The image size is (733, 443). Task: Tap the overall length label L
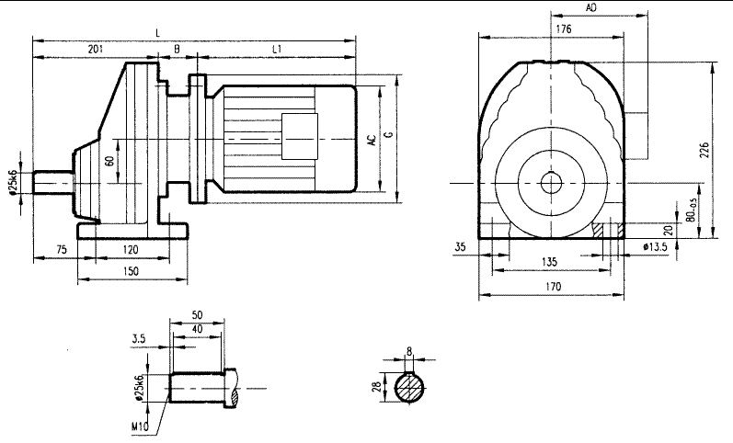158,33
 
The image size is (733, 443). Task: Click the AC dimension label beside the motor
372,141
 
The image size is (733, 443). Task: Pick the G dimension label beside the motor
389,136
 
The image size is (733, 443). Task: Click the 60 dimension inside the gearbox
109,161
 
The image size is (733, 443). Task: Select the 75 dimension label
62,249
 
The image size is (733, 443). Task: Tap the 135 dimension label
548,262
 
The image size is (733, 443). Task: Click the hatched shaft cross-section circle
410,388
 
